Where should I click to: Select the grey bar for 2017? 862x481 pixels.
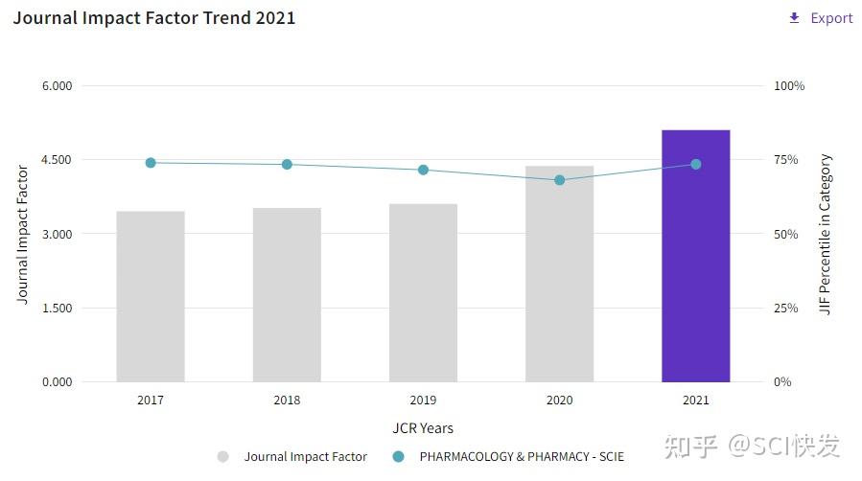pyautogui.click(x=151, y=297)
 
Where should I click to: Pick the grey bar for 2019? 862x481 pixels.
pyautogui.click(x=423, y=293)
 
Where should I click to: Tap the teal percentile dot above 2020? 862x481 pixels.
pyautogui.click(x=560, y=180)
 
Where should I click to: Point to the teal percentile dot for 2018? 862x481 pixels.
pyautogui.click(x=287, y=165)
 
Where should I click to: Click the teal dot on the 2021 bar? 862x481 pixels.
pyautogui.click(x=696, y=165)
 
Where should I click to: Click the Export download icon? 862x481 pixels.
pyautogui.click(x=794, y=18)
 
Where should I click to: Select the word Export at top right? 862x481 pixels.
pyautogui.click(x=831, y=18)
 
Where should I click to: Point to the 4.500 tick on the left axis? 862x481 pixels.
pyautogui.click(x=57, y=160)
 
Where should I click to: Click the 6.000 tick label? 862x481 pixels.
pyautogui.click(x=57, y=86)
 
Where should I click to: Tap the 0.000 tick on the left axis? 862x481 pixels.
pyautogui.click(x=57, y=382)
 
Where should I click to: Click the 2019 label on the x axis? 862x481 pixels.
pyautogui.click(x=423, y=401)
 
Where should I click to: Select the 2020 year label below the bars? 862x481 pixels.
pyautogui.click(x=560, y=401)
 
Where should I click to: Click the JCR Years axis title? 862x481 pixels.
pyautogui.click(x=423, y=427)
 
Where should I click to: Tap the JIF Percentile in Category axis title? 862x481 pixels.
pyautogui.click(x=826, y=235)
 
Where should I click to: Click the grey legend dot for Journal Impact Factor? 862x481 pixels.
pyautogui.click(x=223, y=457)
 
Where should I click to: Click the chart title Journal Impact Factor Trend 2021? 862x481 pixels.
pyautogui.click(x=154, y=18)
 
